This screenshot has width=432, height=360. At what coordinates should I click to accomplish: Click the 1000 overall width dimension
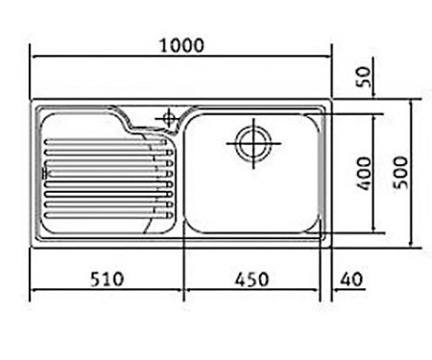(x=181, y=45)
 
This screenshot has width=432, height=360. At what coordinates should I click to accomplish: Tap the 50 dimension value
(x=364, y=77)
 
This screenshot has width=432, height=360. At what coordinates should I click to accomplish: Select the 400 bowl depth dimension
(x=365, y=173)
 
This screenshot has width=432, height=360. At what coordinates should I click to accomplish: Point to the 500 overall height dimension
(x=400, y=173)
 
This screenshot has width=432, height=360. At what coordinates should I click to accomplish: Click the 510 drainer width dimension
(x=107, y=279)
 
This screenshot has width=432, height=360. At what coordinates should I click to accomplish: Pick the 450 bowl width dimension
(x=252, y=279)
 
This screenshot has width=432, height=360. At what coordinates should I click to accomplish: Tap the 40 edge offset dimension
(x=351, y=279)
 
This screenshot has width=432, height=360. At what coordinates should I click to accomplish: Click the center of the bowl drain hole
(x=253, y=143)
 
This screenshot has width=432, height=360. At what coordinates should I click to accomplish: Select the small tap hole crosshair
(x=169, y=119)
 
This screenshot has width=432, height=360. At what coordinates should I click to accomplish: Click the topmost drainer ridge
(x=106, y=141)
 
